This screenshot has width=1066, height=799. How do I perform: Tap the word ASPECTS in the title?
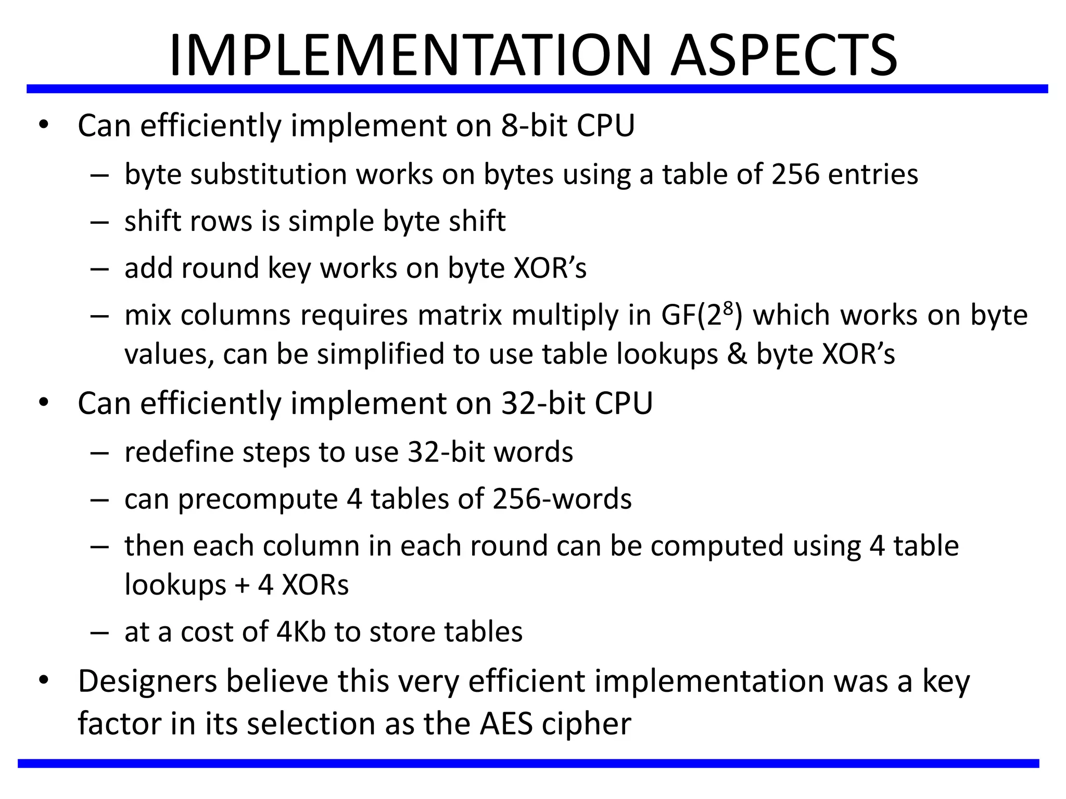coord(784,55)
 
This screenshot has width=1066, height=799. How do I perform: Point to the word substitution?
coord(269,174)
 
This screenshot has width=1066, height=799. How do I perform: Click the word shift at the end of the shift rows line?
coord(477,221)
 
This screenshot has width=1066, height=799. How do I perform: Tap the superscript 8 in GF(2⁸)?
coord(728,306)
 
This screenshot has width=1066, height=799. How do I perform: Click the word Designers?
coord(147,681)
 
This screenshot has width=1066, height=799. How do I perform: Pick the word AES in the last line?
coord(506,724)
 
